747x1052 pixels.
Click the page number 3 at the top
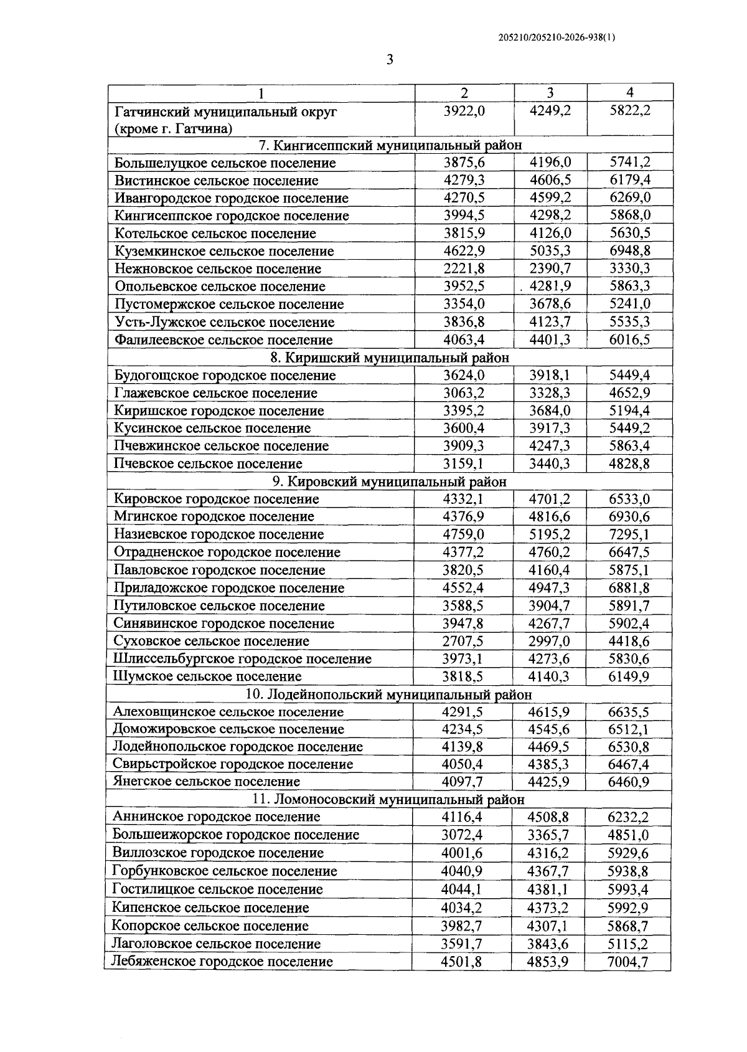[x=390, y=60]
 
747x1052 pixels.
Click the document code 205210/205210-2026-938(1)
[x=557, y=37]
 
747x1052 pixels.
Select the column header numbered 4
[x=629, y=93]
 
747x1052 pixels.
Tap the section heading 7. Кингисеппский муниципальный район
[x=390, y=145]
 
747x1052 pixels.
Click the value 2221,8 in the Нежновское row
[x=464, y=268]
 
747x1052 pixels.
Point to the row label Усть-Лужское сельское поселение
[x=225, y=322]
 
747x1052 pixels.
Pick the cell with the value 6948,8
[x=629, y=251]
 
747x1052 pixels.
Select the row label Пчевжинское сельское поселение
[x=222, y=446]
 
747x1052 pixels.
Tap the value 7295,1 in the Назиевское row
[x=629, y=534]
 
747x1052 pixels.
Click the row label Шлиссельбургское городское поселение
[x=242, y=659]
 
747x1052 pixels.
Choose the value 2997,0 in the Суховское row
[x=549, y=641]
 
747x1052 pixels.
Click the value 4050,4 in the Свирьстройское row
[x=463, y=764]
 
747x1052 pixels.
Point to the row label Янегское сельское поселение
[x=207, y=782]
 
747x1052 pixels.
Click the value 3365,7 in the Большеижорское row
[x=548, y=835]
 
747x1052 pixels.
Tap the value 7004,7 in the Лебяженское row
[x=628, y=962]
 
